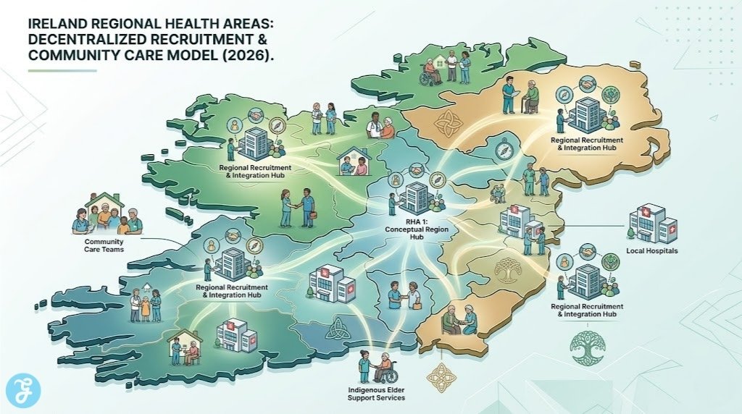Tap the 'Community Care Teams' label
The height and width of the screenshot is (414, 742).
coord(104,245)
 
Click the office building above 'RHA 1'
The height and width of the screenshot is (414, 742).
coord(416,197)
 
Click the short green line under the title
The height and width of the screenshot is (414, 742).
coord(62,70)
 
